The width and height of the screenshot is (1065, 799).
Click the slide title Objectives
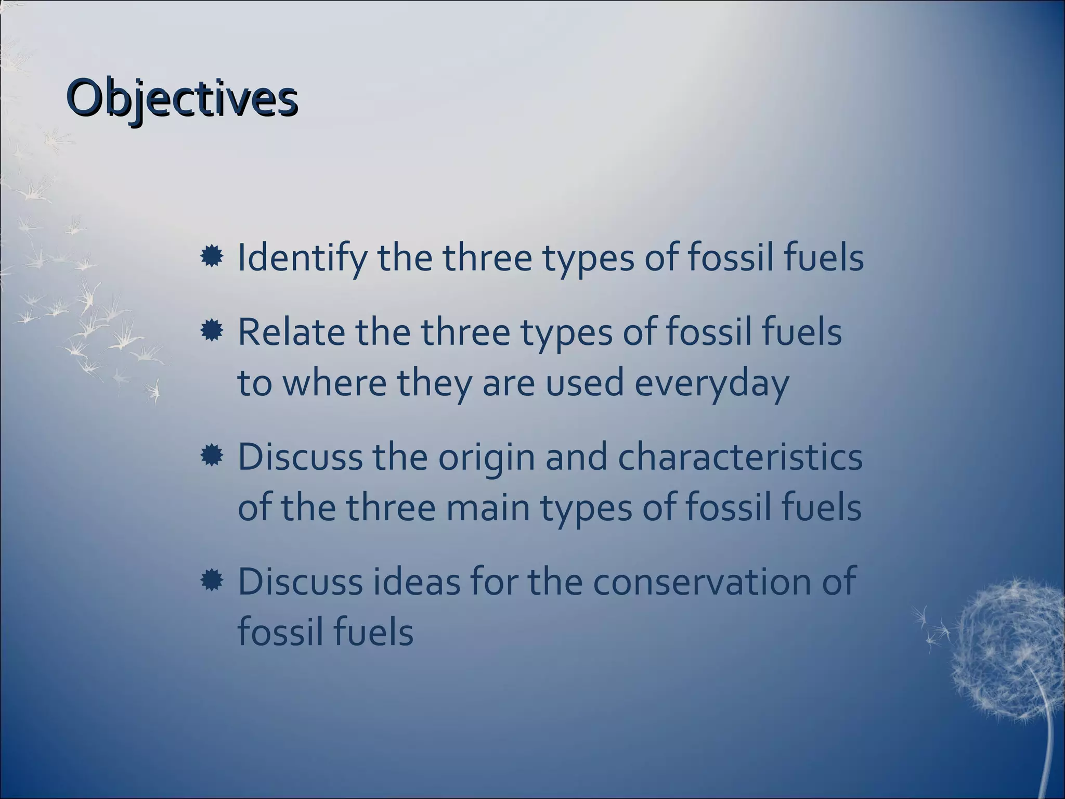[x=182, y=99]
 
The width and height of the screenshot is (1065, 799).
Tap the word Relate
[x=291, y=332]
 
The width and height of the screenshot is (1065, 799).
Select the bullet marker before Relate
[x=212, y=331]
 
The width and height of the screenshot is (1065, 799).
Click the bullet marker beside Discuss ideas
[x=212, y=581]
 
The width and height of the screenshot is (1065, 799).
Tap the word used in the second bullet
[x=587, y=383]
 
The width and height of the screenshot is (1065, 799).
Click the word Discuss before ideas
[x=300, y=582]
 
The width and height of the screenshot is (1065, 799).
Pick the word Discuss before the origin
[x=300, y=457]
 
